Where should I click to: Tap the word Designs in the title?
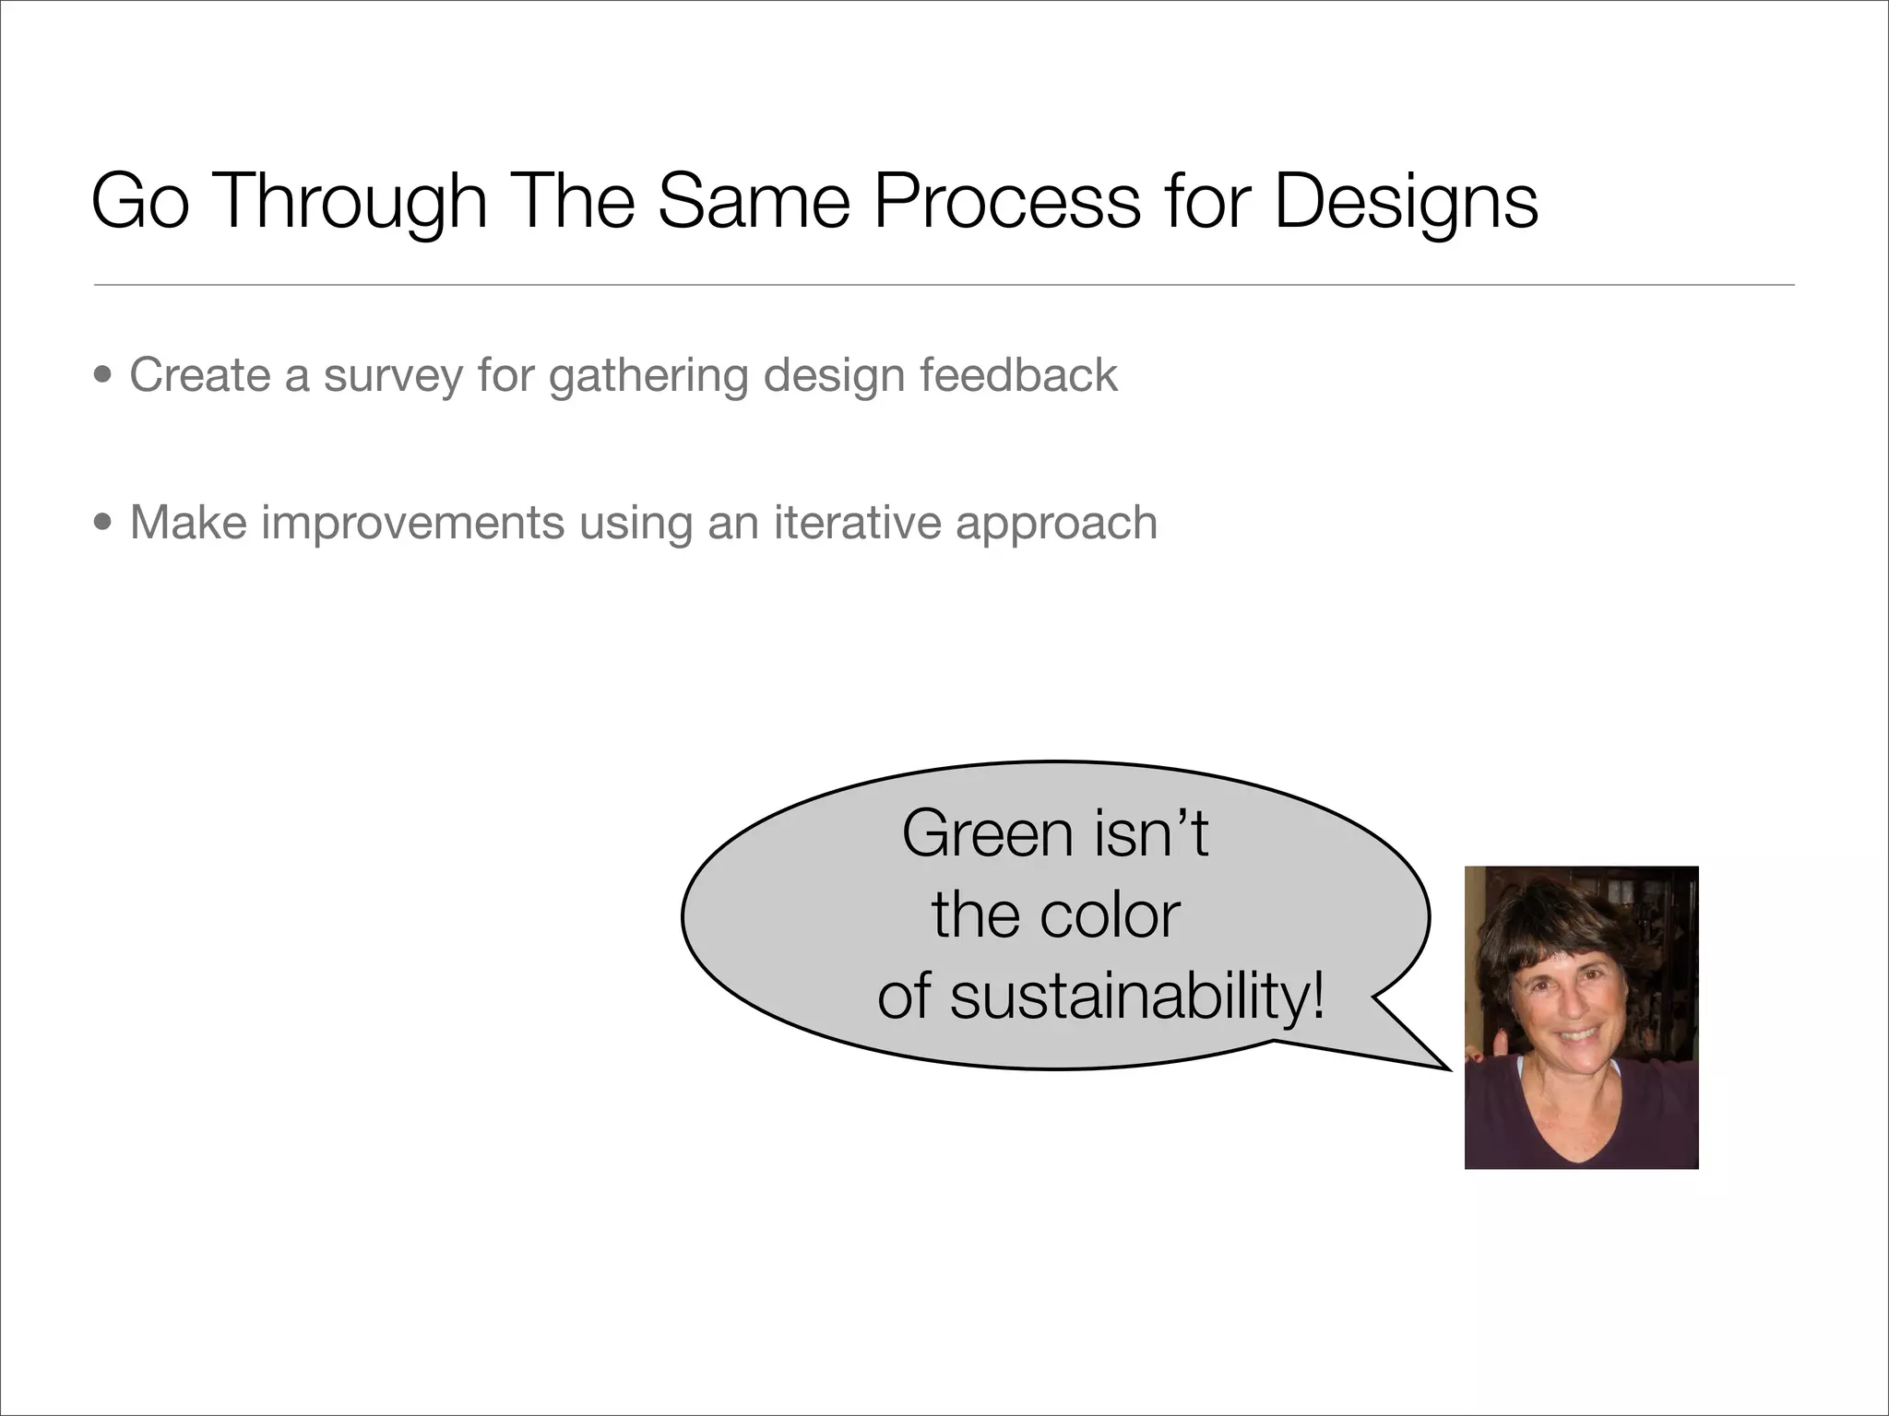1406,203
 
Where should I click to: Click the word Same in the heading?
753,203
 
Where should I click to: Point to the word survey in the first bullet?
392,376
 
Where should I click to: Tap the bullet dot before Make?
104,524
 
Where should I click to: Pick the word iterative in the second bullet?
857,523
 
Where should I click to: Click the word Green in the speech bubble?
988,834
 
